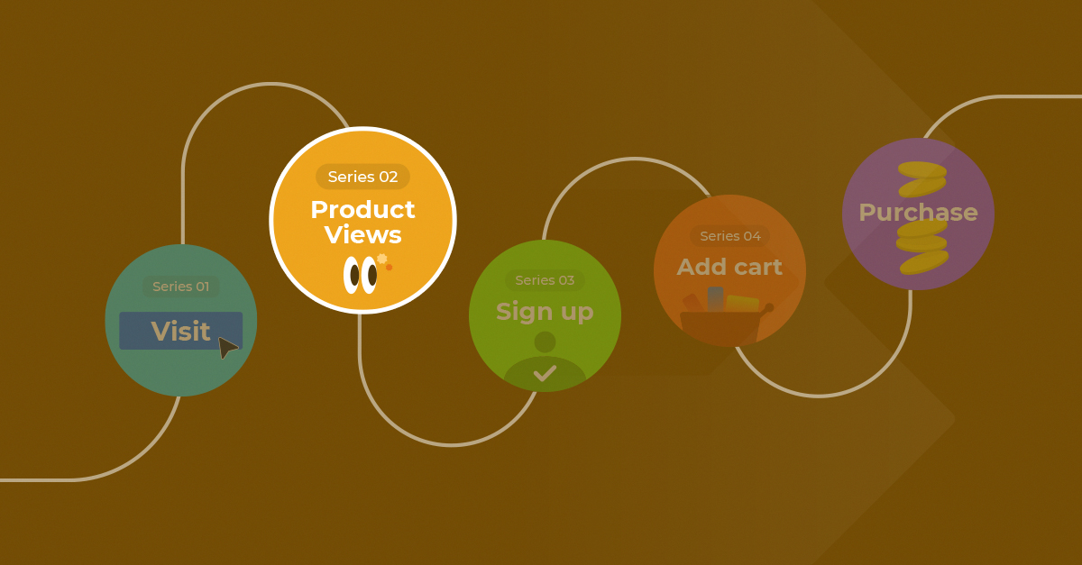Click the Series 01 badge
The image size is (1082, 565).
(180, 287)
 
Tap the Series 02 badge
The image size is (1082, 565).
(362, 177)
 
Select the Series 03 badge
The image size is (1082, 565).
(545, 280)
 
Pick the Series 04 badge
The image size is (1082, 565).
(729, 236)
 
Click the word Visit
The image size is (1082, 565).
(180, 332)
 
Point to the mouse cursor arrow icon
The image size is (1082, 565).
(228, 348)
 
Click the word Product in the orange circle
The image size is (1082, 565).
(362, 210)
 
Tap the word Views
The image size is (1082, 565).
(362, 234)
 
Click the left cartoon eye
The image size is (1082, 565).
(353, 275)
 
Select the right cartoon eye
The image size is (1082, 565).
(370, 275)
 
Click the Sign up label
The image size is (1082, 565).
(545, 312)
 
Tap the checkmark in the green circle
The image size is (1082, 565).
(545, 373)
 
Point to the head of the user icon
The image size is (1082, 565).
(545, 342)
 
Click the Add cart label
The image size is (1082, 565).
(729, 267)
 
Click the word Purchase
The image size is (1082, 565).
(918, 213)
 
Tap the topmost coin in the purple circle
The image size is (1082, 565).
(922, 169)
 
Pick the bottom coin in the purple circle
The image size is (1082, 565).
(924, 263)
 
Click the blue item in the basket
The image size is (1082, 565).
(715, 299)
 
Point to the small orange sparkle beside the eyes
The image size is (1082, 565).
(389, 268)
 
